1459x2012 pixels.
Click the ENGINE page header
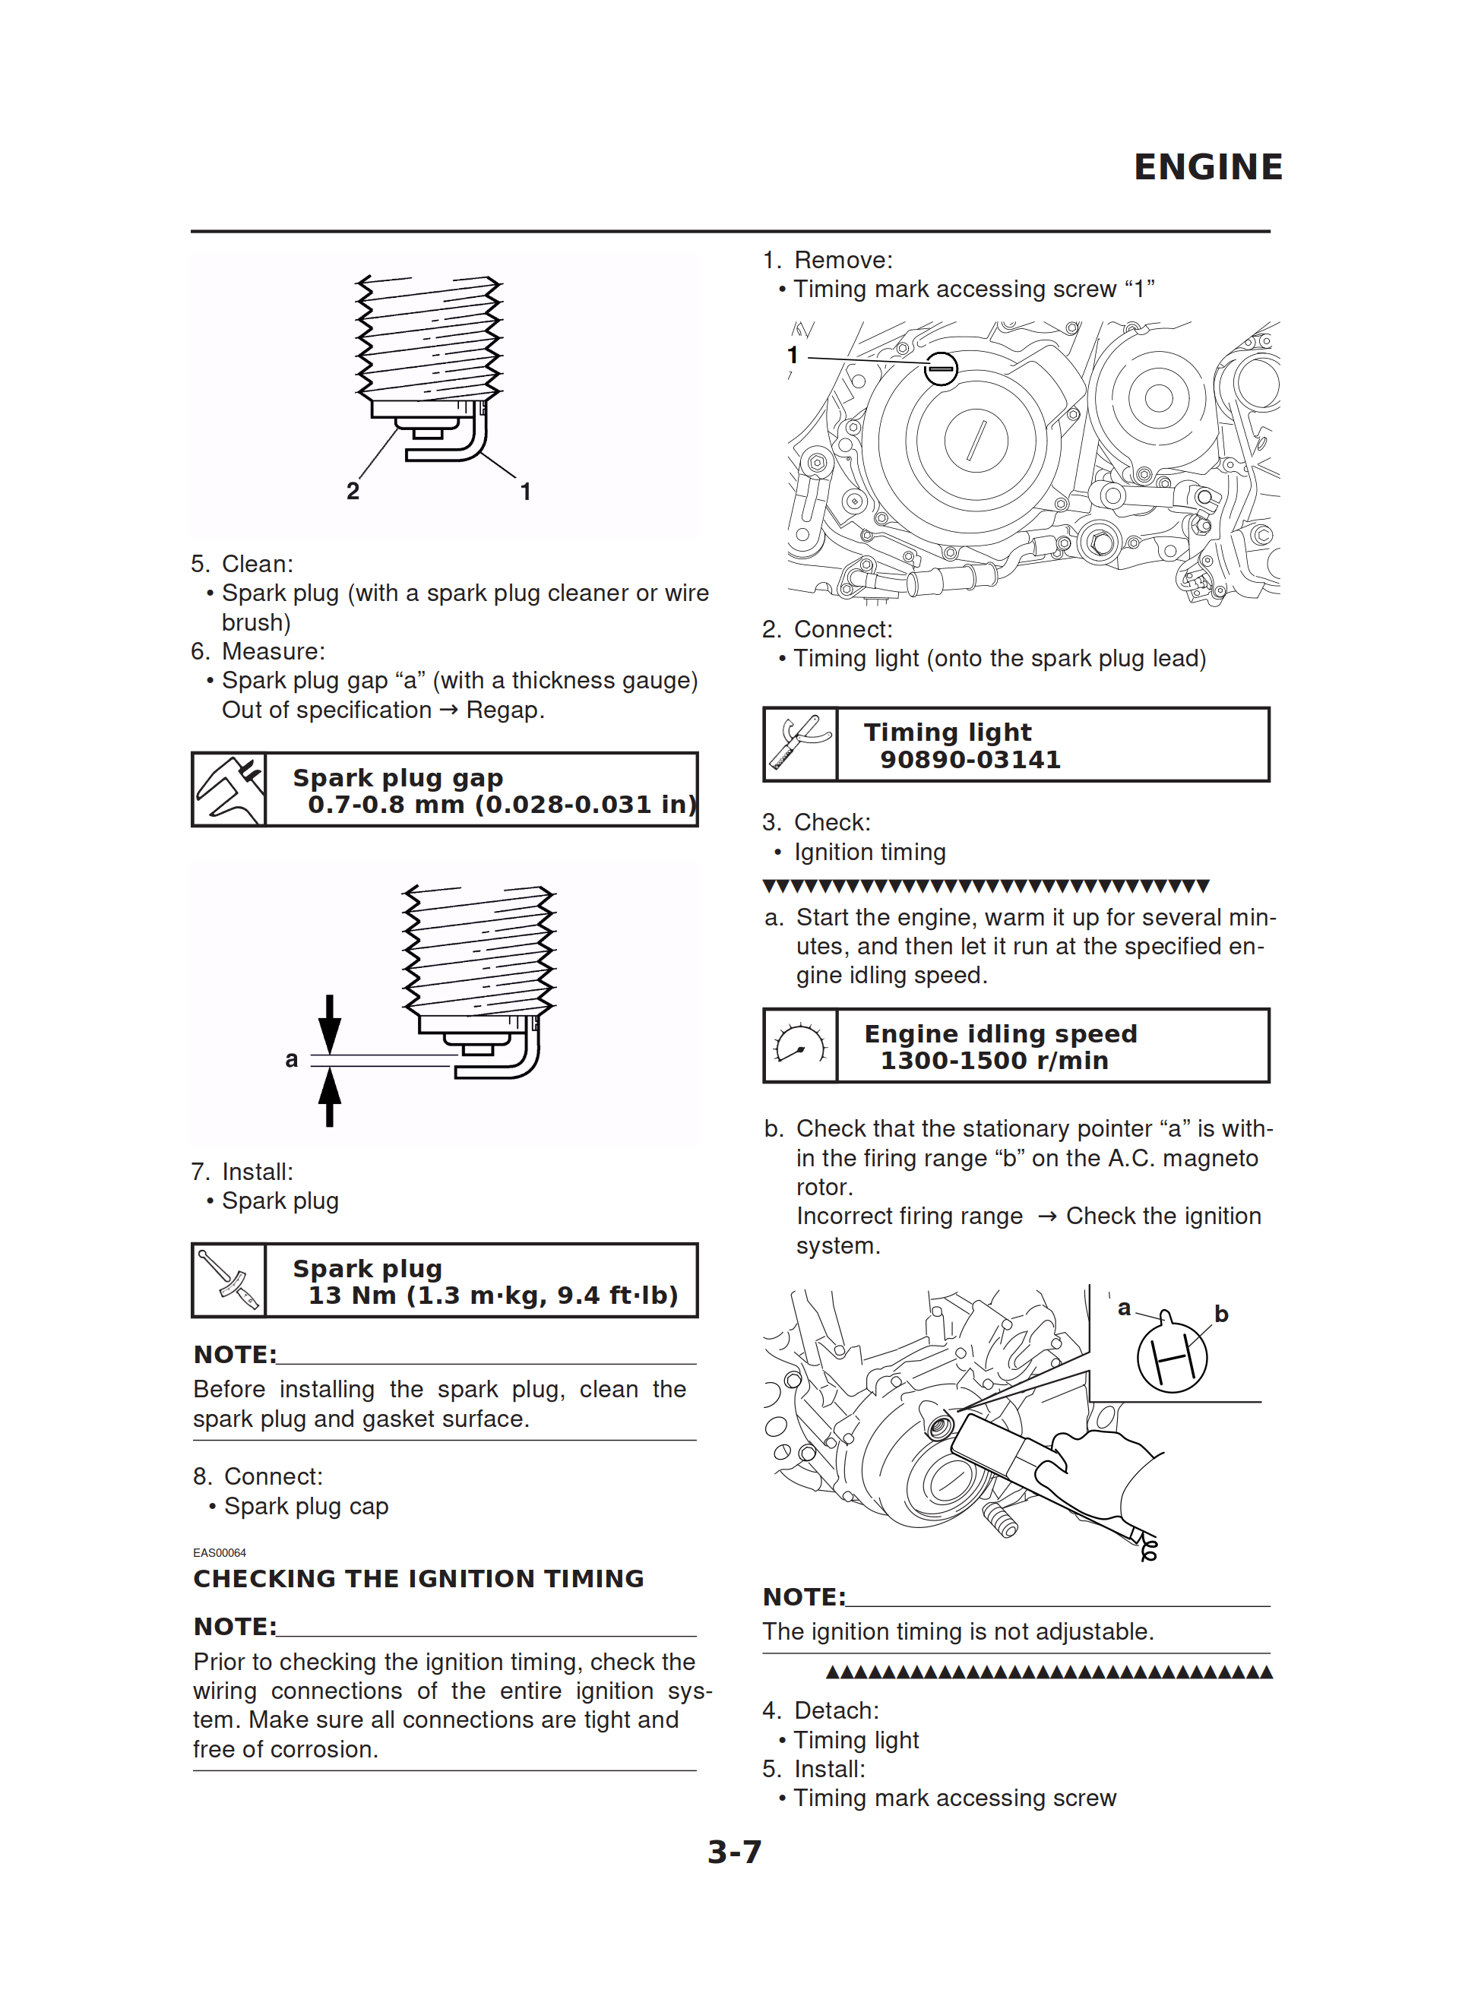click(1207, 166)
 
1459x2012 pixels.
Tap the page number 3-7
click(734, 1852)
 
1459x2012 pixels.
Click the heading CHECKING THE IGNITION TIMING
click(418, 1578)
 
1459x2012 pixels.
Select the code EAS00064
click(219, 1552)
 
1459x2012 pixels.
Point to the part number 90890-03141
click(970, 759)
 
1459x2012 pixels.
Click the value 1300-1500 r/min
click(994, 1060)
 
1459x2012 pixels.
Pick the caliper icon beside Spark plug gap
click(229, 789)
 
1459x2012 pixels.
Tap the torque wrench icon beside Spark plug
click(229, 1280)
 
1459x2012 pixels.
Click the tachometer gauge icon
click(800, 1045)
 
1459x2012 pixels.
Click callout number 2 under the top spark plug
click(353, 491)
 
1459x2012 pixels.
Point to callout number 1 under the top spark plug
click(525, 491)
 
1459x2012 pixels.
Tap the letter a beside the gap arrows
click(291, 1058)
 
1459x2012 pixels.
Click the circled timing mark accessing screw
click(941, 367)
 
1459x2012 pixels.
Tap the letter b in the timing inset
click(1221, 1314)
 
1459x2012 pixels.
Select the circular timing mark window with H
click(1172, 1357)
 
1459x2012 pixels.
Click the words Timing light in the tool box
click(947, 732)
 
